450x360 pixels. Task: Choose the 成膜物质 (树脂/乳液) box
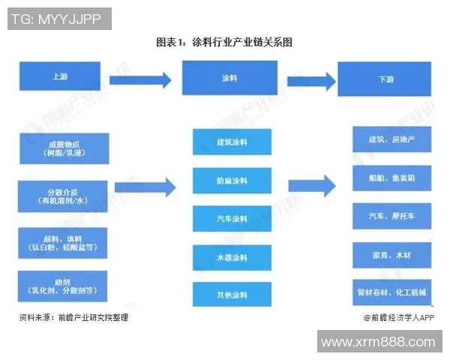point(64,148)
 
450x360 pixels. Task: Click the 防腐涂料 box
point(231,181)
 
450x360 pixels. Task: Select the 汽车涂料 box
point(231,219)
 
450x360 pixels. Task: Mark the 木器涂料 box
point(231,257)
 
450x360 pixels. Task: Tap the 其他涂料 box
point(231,294)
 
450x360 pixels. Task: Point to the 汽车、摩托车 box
point(391,216)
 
